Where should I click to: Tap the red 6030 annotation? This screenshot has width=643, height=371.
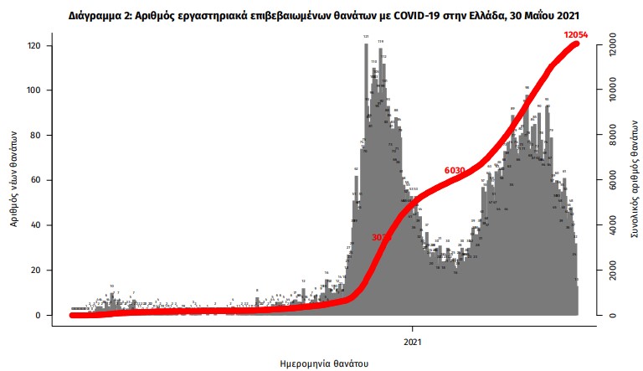pos(455,170)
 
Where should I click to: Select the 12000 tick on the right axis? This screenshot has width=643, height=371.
pos(613,45)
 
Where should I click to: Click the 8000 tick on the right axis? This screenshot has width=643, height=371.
pos(613,135)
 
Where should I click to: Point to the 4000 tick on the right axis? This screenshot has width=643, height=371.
pos(613,225)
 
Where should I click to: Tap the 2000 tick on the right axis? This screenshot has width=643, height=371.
pos(613,271)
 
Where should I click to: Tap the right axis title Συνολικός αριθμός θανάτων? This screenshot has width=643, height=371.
pos(634,180)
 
